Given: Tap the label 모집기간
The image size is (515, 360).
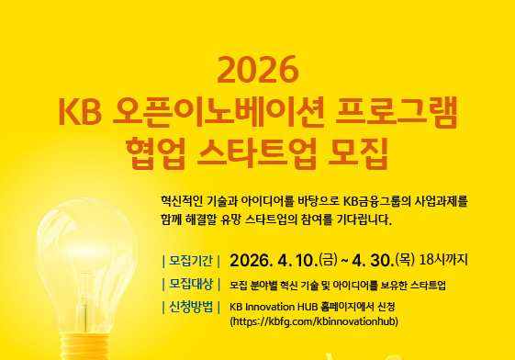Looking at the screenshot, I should [x=190, y=260].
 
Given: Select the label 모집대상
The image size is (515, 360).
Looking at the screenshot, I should [x=190, y=284].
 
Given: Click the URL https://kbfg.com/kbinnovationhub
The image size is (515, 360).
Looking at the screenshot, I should [x=313, y=322].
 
